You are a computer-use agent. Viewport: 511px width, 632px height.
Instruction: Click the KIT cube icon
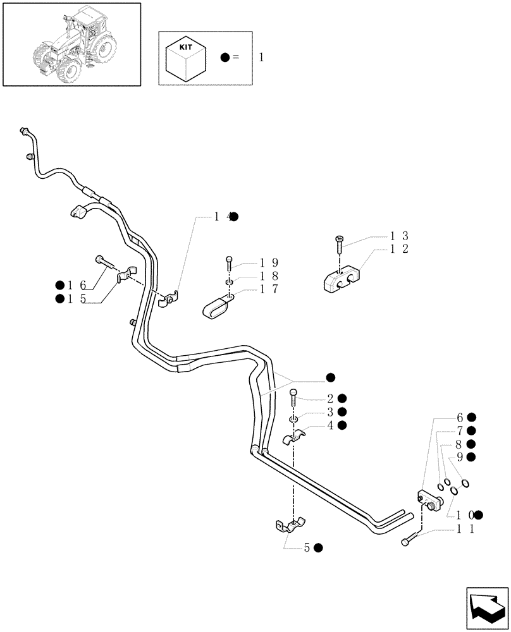pos(185,58)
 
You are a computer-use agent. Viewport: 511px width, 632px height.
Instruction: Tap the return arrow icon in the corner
pos(486,607)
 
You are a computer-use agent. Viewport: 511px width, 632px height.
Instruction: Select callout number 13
pos(399,235)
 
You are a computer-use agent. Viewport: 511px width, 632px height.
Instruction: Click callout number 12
pos(399,249)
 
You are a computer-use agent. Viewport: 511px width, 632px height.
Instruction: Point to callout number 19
pos(269,262)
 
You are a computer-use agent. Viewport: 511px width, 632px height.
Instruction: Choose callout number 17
pos(269,289)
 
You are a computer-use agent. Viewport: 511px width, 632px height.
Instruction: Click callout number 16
pos(79,285)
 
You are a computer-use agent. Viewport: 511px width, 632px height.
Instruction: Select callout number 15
pos(79,299)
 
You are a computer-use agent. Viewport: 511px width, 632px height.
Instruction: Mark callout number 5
pos(307,548)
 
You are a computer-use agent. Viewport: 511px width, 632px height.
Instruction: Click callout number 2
pos(330,398)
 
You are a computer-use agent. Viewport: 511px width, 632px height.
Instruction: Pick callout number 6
pos(460,417)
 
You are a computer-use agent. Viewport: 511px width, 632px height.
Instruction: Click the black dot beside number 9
pos(471,456)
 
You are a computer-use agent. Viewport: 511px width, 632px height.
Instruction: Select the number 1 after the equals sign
pos(262,58)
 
